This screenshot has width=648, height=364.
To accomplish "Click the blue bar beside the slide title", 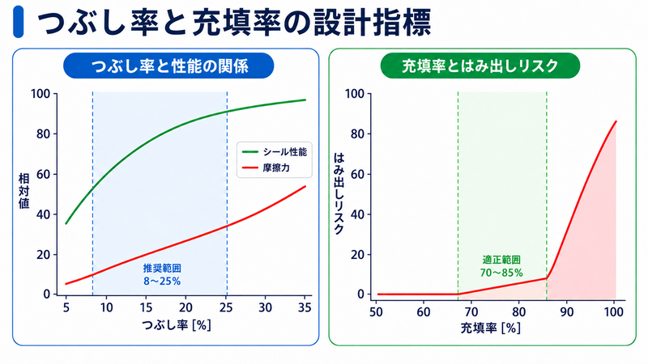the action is [x=18, y=22].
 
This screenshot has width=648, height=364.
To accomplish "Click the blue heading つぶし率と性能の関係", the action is [x=168, y=66].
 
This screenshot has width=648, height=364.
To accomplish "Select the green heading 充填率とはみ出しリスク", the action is [x=480, y=66].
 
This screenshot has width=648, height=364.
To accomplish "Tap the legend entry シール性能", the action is [x=274, y=152].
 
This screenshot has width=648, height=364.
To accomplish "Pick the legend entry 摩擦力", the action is [x=266, y=168].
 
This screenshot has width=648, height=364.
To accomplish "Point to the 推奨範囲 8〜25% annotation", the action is [x=162, y=275].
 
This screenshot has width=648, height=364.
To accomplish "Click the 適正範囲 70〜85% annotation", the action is [x=501, y=266].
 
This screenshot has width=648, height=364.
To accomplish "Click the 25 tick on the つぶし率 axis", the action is [x=226, y=307].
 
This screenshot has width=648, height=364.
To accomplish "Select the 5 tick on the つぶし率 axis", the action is [x=66, y=307].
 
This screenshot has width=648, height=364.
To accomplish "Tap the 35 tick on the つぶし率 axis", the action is [x=305, y=307].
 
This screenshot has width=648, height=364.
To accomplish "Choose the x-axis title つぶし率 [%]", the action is [x=177, y=325].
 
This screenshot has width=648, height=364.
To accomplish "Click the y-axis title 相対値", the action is [x=24, y=191].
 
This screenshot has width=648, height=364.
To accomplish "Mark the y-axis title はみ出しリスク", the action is [x=339, y=193].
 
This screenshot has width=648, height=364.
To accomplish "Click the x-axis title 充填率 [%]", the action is [x=491, y=328].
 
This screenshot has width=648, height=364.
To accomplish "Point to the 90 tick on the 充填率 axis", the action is [x=566, y=311].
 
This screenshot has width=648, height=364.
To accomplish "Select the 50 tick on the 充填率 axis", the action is [x=376, y=311].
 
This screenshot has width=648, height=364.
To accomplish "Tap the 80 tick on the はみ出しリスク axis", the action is [x=358, y=134].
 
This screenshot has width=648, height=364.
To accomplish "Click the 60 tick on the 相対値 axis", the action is [x=44, y=174].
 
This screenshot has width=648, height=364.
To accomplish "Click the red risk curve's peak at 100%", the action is [x=616, y=121].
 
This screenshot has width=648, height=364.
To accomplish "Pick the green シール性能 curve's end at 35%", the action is [x=305, y=99].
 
